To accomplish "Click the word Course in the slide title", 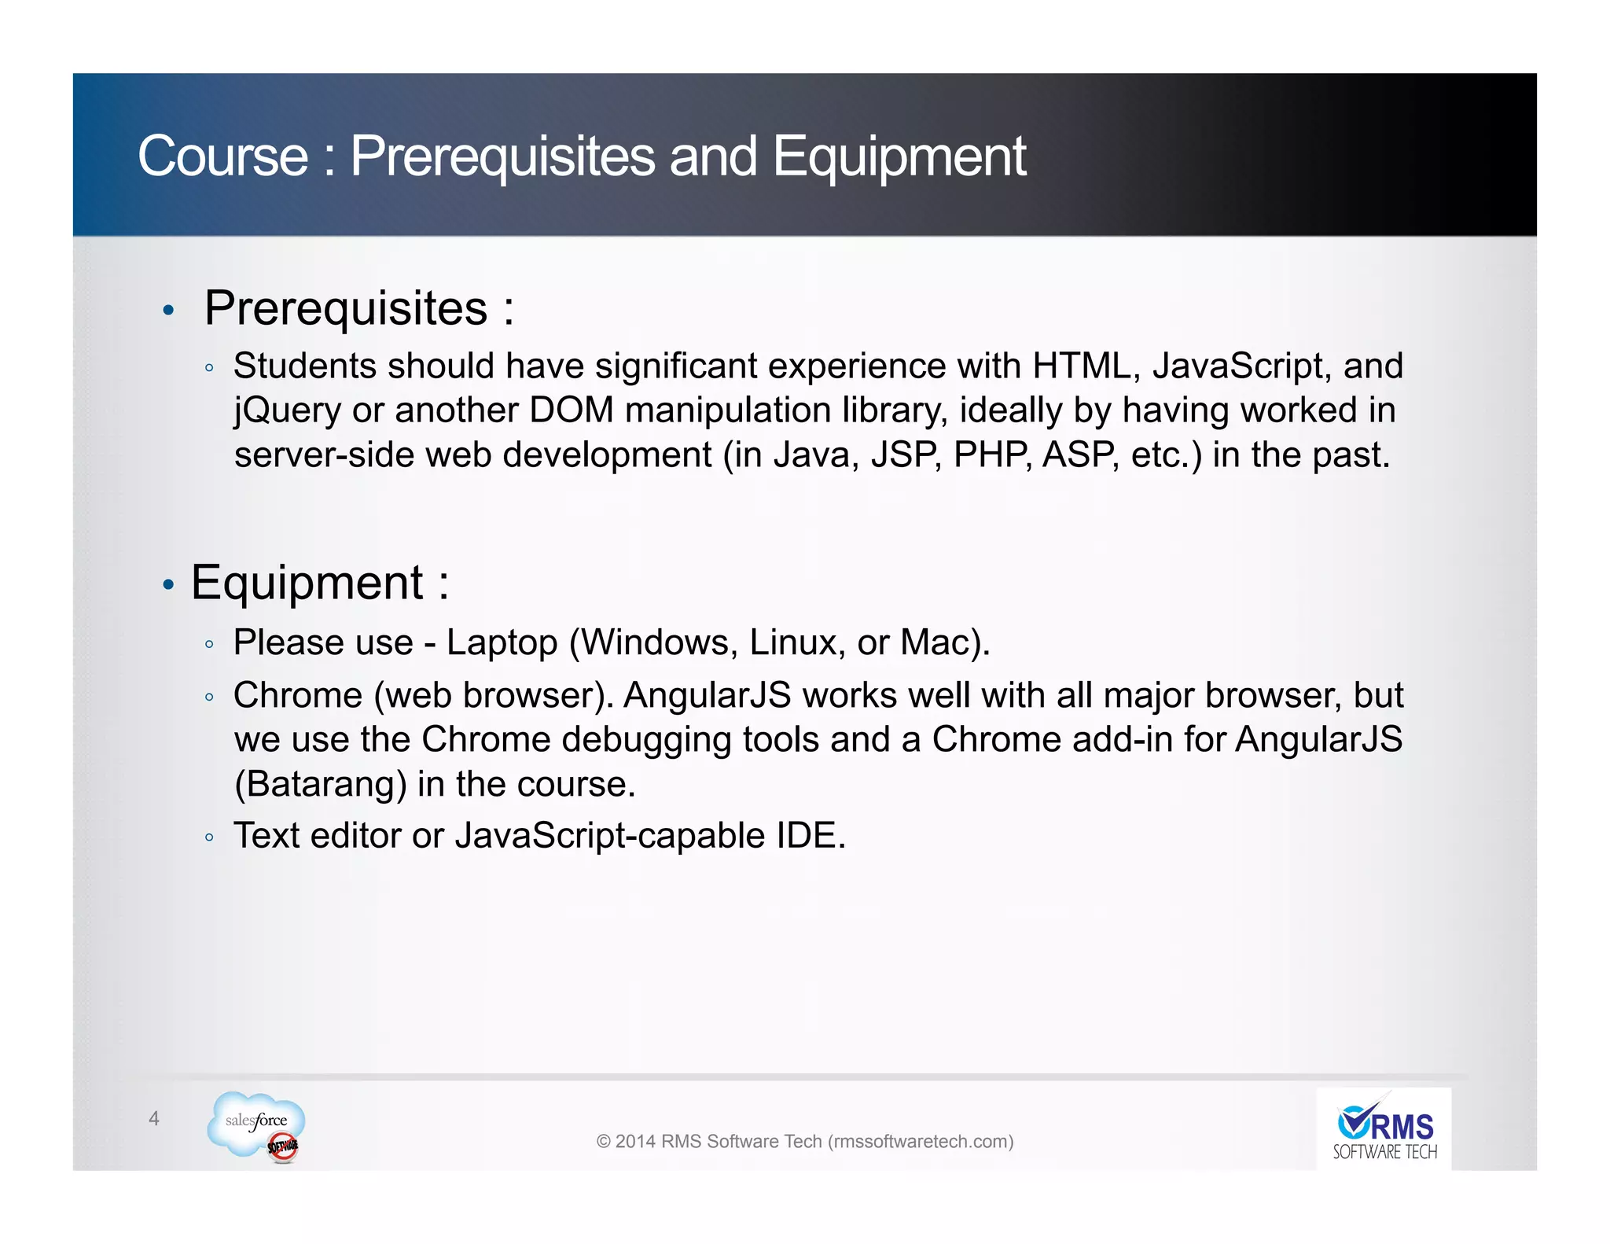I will click(x=222, y=156).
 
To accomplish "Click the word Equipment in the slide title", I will click(x=899, y=156).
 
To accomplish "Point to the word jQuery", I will click(x=287, y=410).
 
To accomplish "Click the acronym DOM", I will click(x=571, y=410).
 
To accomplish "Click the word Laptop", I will click(x=502, y=642).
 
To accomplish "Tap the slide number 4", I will click(x=154, y=1118).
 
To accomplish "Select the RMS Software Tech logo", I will click(x=1384, y=1129).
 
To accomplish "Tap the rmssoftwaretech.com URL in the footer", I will click(x=921, y=1141).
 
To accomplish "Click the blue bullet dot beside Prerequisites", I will click(x=167, y=311).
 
